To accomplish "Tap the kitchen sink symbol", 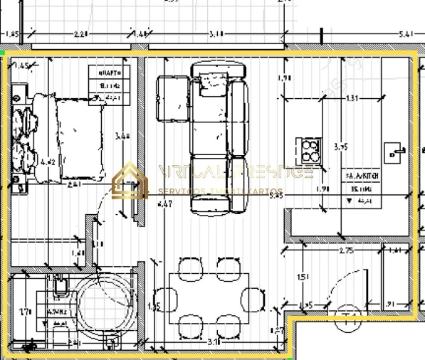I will (392, 152).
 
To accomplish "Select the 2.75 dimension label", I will (346, 251).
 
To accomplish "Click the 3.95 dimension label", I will (340, 147).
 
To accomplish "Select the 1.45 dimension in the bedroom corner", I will (21, 65).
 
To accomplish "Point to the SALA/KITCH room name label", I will (362, 174).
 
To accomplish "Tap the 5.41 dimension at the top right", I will (406, 33).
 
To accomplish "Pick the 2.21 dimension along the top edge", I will (80, 33).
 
